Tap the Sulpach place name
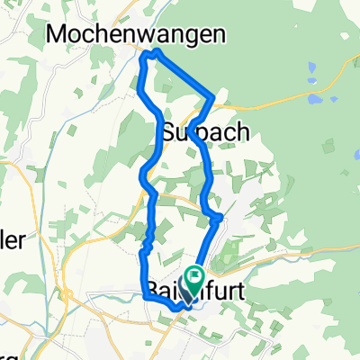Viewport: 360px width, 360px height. [x=205, y=132]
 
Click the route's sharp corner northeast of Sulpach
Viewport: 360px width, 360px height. [x=213, y=95]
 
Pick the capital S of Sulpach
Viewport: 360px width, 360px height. [x=171, y=132]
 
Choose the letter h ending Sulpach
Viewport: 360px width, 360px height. [x=242, y=132]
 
